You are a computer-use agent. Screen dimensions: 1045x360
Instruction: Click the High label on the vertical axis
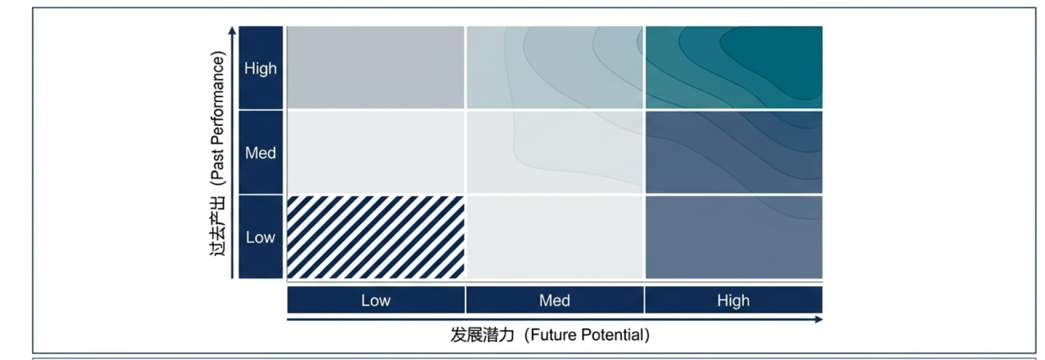(260, 68)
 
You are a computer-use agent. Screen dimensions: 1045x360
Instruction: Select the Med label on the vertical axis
(260, 153)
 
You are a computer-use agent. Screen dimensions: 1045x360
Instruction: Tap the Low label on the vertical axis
(260, 237)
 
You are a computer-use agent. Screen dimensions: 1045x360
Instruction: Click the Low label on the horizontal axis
(375, 300)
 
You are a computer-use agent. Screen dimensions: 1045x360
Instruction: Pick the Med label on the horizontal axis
(555, 300)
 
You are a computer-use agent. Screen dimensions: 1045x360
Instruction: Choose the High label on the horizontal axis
(733, 300)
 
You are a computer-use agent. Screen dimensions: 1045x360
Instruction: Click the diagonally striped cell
(375, 237)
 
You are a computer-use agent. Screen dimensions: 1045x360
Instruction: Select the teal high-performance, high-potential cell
(734, 67)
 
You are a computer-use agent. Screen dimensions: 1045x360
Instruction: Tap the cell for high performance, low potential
(375, 67)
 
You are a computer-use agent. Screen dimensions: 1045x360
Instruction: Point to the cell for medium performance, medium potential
(555, 152)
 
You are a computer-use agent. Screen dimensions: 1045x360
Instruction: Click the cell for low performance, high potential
(734, 237)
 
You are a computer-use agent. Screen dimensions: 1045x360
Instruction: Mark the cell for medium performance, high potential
(734, 152)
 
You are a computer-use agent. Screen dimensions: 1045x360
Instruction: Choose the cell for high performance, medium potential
(555, 67)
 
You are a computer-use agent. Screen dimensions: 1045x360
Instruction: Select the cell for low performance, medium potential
(555, 237)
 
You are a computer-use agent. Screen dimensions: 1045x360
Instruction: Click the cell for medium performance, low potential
(375, 152)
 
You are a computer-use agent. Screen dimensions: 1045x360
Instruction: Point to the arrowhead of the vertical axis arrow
(232, 30)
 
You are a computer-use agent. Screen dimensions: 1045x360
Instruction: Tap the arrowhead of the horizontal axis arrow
(819, 319)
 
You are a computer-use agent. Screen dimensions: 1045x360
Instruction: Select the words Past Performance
(218, 118)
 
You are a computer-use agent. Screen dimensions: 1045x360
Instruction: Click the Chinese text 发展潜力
(482, 335)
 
